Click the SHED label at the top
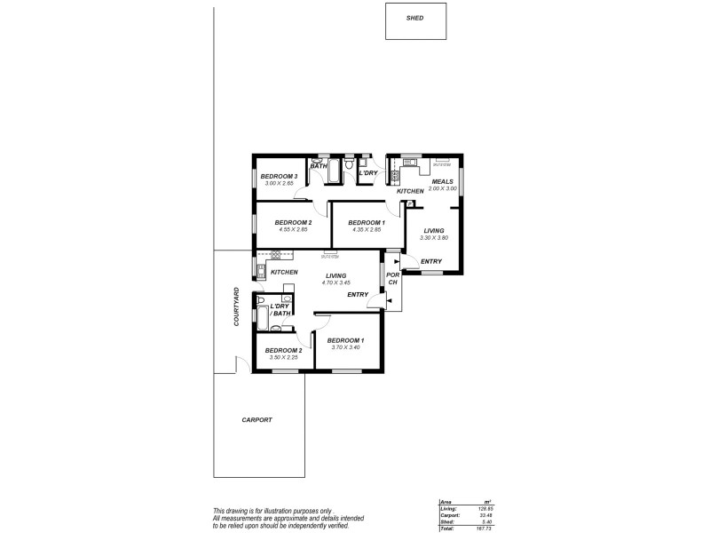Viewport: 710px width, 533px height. (x=414, y=18)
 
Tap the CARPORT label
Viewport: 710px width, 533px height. (x=256, y=419)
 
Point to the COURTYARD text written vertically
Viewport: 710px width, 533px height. (x=237, y=306)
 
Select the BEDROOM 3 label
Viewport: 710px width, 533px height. (x=278, y=177)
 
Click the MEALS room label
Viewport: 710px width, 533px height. (x=442, y=181)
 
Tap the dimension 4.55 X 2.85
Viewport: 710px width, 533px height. (x=291, y=229)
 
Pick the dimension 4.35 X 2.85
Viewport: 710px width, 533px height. (x=366, y=229)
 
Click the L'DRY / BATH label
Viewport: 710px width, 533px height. (x=281, y=310)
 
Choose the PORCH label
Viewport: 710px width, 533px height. (x=391, y=279)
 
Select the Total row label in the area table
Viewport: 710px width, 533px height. (x=446, y=528)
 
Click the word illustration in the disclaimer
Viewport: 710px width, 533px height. (x=272, y=510)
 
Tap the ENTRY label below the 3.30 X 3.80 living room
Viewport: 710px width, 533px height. (x=431, y=261)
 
